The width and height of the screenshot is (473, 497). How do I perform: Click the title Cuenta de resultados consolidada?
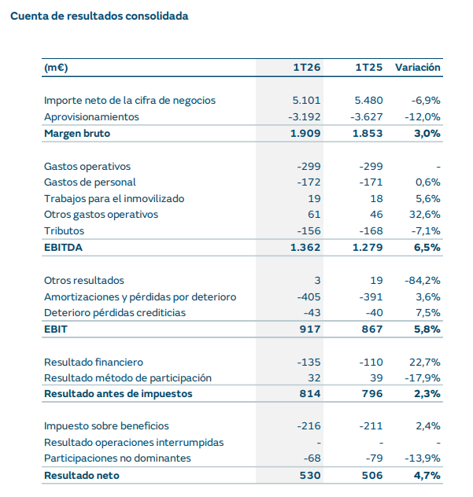[x=99, y=16]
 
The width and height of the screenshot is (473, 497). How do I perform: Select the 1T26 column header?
[x=307, y=68]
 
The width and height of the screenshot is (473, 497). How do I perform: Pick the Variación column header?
[x=417, y=68]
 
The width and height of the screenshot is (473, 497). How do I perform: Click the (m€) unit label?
[x=56, y=68]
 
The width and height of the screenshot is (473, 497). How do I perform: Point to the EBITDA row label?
[x=64, y=248]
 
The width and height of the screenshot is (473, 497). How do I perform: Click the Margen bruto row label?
[x=77, y=133]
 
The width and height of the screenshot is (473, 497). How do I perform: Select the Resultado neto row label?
[x=82, y=475]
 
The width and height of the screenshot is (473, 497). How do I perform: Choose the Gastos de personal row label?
[x=88, y=182]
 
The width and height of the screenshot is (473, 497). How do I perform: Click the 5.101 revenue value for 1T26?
[x=306, y=101]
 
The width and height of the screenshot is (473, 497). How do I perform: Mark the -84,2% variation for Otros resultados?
[x=422, y=281]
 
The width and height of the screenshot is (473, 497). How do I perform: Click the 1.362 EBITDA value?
[x=305, y=248]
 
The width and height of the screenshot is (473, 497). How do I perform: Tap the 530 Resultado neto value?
[x=311, y=475]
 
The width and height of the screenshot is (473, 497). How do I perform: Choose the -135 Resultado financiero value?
[x=309, y=363]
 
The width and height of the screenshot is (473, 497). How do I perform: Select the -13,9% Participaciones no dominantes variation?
[x=422, y=458]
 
